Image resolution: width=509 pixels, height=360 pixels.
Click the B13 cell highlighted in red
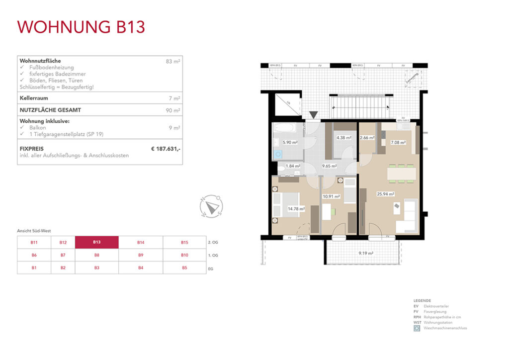(96, 242)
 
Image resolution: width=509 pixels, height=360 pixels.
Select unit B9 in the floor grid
(141, 255)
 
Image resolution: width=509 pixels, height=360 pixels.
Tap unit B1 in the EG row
(34, 268)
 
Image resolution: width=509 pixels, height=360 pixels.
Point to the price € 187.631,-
(166, 148)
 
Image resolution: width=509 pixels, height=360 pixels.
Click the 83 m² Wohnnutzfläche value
(173, 61)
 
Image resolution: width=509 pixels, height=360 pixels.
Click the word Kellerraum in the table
(33, 98)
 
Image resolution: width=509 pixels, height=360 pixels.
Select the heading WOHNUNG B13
(81, 27)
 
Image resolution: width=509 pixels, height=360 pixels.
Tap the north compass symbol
(211, 205)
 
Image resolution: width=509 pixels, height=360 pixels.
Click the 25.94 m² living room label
(385, 194)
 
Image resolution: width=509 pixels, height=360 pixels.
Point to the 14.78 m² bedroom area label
(296, 209)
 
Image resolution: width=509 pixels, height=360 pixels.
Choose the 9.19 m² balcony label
(366, 253)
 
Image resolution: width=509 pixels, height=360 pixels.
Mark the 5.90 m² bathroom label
(290, 142)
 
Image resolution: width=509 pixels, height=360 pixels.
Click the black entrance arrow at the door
(312, 116)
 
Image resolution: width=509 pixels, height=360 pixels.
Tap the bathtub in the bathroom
(284, 128)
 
